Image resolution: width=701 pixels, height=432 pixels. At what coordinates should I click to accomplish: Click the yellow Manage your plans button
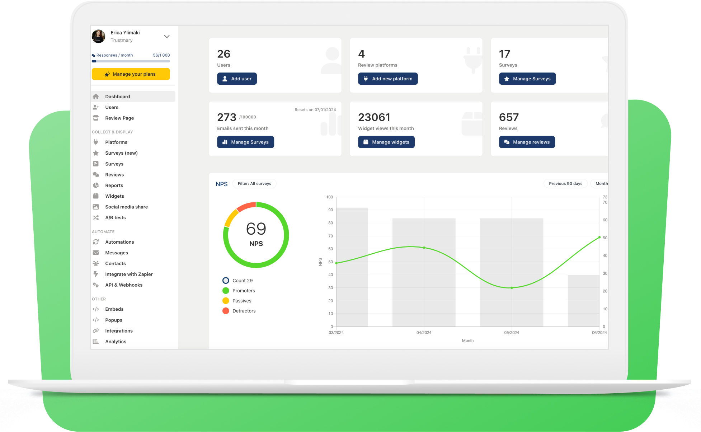tap(131, 74)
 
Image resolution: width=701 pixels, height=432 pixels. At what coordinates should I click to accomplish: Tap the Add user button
tap(237, 79)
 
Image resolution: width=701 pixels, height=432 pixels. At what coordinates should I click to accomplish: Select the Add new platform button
tap(387, 79)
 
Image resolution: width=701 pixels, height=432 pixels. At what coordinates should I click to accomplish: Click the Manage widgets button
tap(386, 142)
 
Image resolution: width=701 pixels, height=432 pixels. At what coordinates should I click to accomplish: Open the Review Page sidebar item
tap(119, 118)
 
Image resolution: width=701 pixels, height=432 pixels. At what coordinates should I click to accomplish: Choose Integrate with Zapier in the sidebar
tap(129, 274)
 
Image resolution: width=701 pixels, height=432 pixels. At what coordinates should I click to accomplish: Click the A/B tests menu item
tap(115, 218)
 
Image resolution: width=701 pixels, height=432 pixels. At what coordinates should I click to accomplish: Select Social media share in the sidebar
tap(126, 207)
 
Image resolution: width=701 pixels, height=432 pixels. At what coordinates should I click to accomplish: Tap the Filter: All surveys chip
tap(254, 184)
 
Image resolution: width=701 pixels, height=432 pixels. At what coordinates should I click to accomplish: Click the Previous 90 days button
tap(565, 184)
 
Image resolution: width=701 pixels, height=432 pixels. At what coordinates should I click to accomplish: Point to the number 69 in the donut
tap(256, 229)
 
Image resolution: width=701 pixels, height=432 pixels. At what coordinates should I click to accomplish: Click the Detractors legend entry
tap(244, 311)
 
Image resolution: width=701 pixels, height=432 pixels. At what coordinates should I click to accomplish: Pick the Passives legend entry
tap(241, 301)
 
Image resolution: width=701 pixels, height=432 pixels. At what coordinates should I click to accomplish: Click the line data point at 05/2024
tap(512, 288)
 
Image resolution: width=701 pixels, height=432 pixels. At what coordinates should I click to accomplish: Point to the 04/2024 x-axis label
tap(424, 333)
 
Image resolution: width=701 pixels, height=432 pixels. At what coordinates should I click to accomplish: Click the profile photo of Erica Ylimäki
tap(99, 36)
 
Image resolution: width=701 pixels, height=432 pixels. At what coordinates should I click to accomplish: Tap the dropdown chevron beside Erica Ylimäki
tap(167, 37)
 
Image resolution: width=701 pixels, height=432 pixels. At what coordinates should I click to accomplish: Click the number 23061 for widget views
tap(374, 117)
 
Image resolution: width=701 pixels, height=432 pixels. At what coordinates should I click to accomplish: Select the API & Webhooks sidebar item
tap(123, 285)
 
